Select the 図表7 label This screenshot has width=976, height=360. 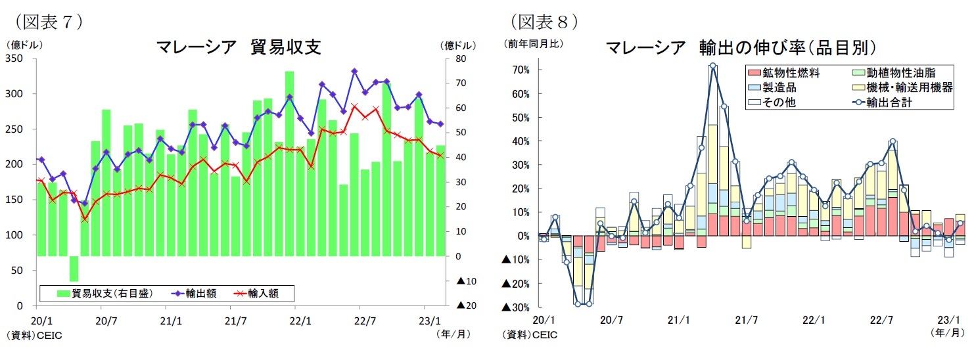pyautogui.click(x=45, y=21)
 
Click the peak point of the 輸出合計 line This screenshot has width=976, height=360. pyautogui.click(x=712, y=66)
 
